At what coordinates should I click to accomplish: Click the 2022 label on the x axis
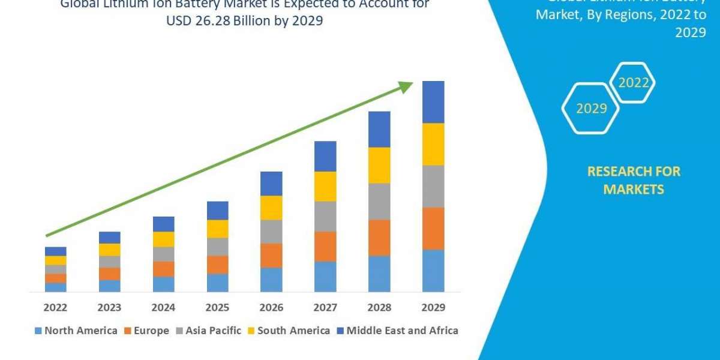56,307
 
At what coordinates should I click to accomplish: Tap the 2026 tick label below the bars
271,307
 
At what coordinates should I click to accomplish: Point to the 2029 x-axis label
433,307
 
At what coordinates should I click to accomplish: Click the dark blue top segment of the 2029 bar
433,102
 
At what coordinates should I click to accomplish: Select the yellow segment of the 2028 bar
379,165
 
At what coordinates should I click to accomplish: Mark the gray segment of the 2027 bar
325,216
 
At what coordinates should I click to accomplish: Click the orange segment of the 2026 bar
271,255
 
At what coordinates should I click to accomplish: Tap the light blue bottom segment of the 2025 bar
217,283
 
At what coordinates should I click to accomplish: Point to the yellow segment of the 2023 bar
110,250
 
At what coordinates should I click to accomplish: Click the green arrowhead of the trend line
406,87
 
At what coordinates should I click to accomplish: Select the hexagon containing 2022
632,83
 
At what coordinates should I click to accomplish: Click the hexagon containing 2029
590,108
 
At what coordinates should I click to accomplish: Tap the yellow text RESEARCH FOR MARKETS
634,180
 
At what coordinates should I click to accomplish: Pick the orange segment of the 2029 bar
433,229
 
